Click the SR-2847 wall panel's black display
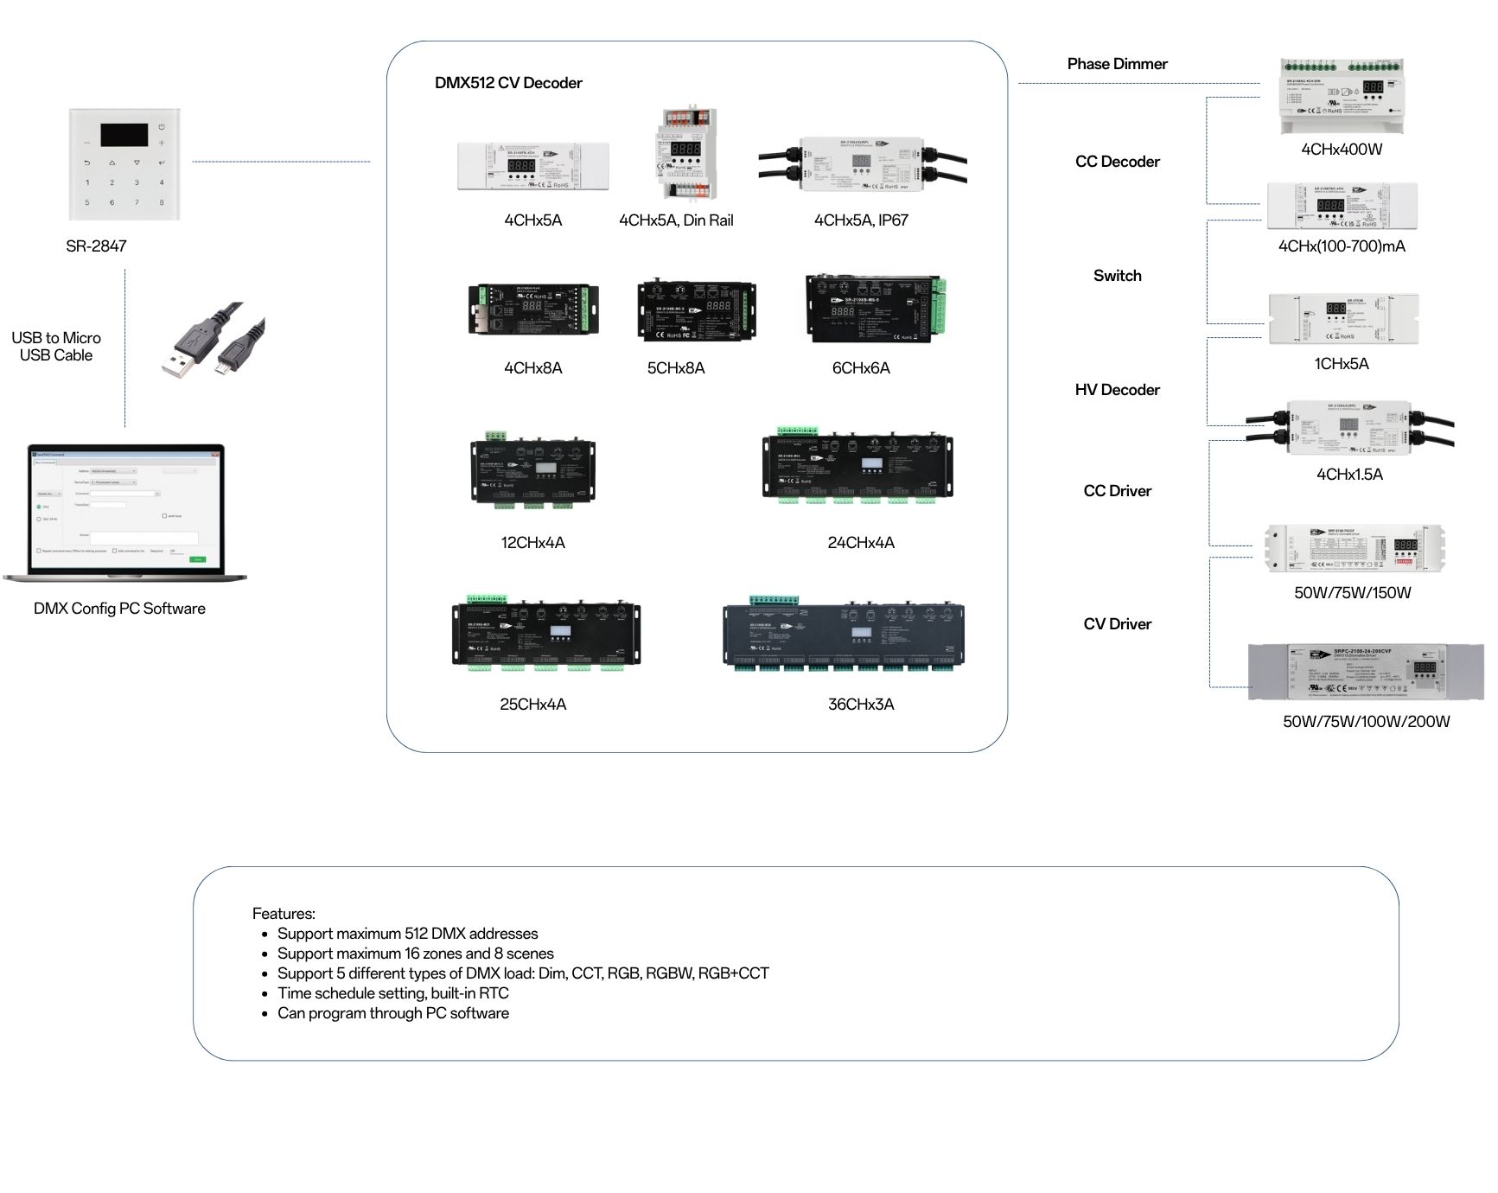[x=124, y=135]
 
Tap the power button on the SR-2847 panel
[x=162, y=126]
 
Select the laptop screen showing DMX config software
[x=126, y=511]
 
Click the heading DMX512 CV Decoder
[x=508, y=83]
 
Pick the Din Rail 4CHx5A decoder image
[x=685, y=154]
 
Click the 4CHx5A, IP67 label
[x=861, y=220]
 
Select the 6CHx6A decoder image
[x=875, y=308]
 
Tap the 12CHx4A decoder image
[x=532, y=469]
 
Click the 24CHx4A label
[x=861, y=543]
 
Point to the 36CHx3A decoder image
[x=843, y=634]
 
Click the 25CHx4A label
[x=532, y=705]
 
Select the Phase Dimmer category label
[x=1117, y=64]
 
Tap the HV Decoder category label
[x=1117, y=390]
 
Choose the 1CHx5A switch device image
[x=1342, y=318]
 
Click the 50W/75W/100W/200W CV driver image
[x=1366, y=672]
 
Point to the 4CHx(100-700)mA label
[x=1342, y=246]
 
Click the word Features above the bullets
[x=284, y=914]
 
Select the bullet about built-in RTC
[x=392, y=993]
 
